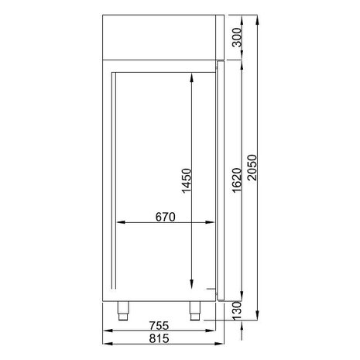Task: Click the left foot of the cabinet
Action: (x=122, y=310)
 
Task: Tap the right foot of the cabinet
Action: (x=193, y=310)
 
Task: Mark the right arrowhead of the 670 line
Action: (x=214, y=224)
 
